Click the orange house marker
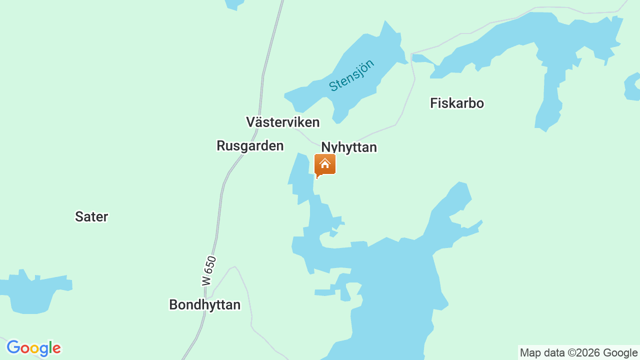coord(325,164)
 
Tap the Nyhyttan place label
coord(349,147)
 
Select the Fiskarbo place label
coord(457,103)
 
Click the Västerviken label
coord(282,122)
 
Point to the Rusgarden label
coord(250,145)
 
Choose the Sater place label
coord(91,216)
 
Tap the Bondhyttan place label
coord(204,304)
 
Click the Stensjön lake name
coord(352,75)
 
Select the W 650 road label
coord(209,271)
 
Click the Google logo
coord(34,348)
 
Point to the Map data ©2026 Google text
coord(578,352)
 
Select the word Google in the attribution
coord(620,352)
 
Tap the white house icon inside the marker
coord(325,163)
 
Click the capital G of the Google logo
coord(13,347)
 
